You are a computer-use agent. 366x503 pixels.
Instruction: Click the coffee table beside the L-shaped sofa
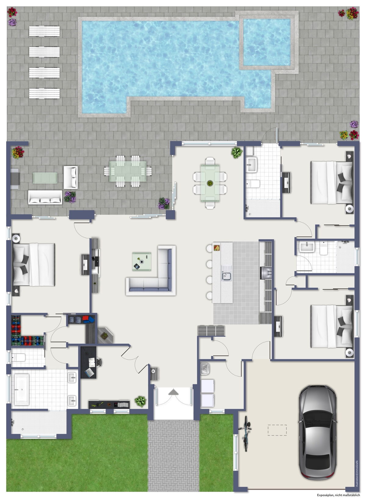[142, 262]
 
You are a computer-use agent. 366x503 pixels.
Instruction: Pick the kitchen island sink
[226, 276]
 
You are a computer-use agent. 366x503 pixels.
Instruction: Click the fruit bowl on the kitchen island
[217, 248]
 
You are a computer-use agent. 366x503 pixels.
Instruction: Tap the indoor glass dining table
[210, 183]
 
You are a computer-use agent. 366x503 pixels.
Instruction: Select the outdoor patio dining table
[128, 171]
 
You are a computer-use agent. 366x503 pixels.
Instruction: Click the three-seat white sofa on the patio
[45, 197]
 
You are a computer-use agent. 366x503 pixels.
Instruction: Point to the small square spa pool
[267, 42]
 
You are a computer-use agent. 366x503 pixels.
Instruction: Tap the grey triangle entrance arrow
[174, 392]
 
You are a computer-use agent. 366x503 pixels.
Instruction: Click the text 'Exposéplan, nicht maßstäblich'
[339, 495]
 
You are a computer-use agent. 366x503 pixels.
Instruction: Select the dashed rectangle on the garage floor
[277, 430]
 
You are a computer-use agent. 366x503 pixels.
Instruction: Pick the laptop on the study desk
[90, 373]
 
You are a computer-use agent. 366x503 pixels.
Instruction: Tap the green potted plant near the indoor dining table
[237, 153]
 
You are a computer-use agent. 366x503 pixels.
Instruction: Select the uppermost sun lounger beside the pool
[45, 31]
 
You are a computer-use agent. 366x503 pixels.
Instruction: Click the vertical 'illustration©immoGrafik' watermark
[357, 473]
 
